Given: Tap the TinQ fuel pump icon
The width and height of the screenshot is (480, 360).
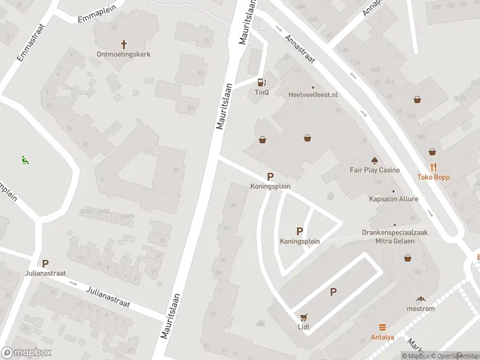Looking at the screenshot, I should [262, 83].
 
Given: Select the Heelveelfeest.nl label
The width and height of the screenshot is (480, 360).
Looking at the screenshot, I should [313, 95].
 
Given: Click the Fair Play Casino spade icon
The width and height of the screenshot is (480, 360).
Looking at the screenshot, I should [374, 160].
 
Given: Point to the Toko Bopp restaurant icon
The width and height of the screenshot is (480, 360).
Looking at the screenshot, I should [433, 167].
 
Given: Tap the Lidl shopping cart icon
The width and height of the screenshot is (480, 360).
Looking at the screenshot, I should [304, 317].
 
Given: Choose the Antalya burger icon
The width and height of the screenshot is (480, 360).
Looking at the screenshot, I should [382, 327].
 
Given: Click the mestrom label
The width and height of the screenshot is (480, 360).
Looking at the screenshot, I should [421, 308].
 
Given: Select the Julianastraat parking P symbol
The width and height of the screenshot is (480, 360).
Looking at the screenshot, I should [45, 263].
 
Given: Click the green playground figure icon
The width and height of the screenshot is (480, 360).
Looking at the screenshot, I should [25, 160].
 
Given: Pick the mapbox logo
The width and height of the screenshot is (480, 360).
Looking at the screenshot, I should [26, 353].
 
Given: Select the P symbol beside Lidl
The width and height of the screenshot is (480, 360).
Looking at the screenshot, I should [333, 292].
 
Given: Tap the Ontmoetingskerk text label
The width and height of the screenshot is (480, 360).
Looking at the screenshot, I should [124, 54].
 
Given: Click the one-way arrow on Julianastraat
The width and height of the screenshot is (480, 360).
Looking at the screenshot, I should [73, 282].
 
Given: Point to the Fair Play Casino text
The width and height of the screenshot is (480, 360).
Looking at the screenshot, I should [374, 170].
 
